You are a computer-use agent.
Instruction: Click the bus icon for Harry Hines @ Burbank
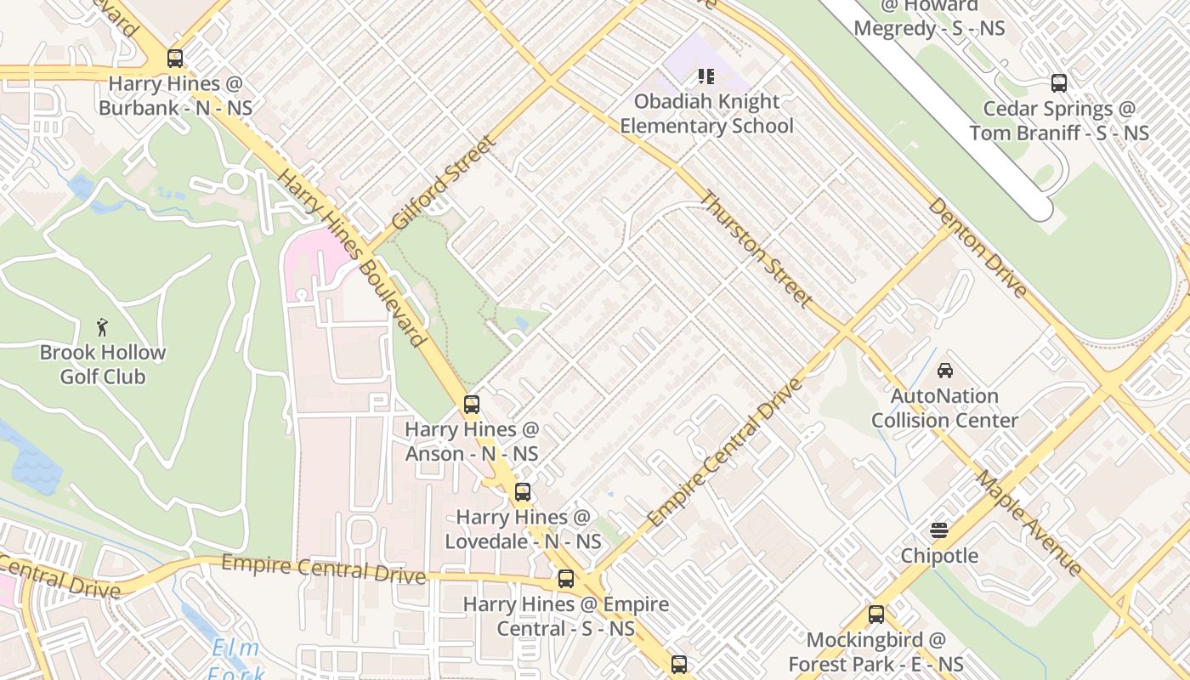coord(175,59)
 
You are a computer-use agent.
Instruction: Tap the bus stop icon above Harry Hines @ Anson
coord(472,405)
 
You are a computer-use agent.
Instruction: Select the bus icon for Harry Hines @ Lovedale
coord(523,492)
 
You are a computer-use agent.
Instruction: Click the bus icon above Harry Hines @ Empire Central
coord(566,579)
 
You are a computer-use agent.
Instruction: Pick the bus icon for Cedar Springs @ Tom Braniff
coord(1059,83)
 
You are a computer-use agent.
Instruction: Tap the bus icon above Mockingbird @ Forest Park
coord(876,615)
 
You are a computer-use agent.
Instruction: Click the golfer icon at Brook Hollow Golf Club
coord(103,327)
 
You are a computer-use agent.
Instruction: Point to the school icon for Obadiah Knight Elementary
coord(705,76)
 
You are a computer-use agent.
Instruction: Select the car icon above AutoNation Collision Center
coord(944,371)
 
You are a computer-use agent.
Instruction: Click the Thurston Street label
coord(756,249)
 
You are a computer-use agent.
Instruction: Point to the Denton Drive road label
coord(977,247)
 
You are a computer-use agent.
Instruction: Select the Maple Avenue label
coord(1028,522)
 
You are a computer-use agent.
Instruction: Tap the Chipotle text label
coord(939,556)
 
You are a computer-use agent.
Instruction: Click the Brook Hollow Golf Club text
coord(103,364)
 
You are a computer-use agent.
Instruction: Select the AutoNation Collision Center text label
coord(944,408)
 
